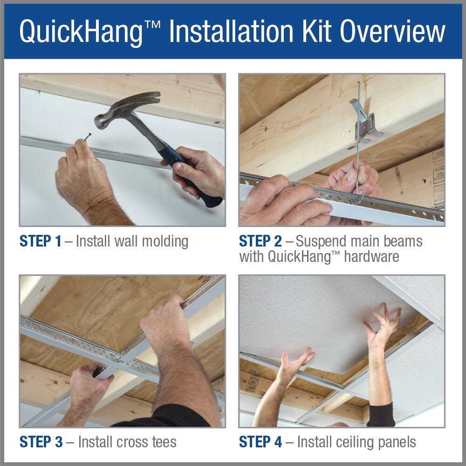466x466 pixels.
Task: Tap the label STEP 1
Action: [40, 241]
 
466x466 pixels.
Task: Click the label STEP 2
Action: [260, 241]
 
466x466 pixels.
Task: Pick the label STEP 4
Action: [260, 441]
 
